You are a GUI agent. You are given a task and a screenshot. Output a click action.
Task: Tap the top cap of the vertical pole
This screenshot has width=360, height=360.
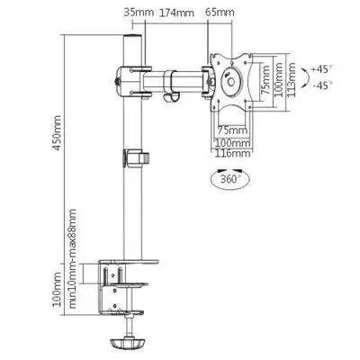click(x=131, y=41)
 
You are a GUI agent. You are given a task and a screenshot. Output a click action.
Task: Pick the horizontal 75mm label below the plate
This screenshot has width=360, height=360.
click(x=231, y=130)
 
